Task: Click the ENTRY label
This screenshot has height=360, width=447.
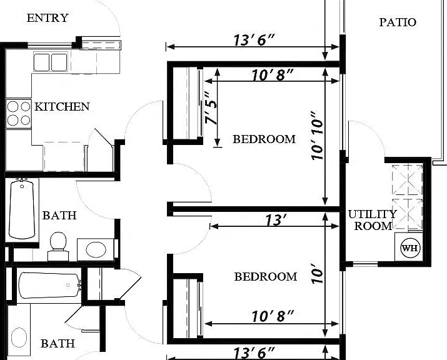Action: [x=48, y=18]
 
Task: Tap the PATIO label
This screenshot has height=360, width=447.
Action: [x=398, y=22]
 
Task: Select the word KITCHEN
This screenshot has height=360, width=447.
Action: [x=62, y=107]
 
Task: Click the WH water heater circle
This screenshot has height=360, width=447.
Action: [x=411, y=248]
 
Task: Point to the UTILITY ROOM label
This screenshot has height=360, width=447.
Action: [x=373, y=220]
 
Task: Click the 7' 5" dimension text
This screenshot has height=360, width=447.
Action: [x=211, y=108]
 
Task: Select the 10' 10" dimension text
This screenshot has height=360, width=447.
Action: [x=317, y=136]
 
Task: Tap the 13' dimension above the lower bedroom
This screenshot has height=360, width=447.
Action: [x=276, y=220]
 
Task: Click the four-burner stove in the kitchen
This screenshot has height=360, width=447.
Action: [x=19, y=114]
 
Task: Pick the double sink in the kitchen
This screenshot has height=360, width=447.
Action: [x=51, y=62]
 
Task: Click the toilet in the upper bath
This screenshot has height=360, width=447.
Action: [x=58, y=246]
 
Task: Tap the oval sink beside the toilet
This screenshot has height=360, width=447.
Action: [x=96, y=250]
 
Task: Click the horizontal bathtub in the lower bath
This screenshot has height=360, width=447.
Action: [x=49, y=286]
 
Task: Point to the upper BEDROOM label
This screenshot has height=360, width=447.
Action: [x=264, y=139]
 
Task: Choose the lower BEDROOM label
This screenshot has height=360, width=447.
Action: [x=266, y=277]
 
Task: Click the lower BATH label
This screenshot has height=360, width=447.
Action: [x=58, y=344]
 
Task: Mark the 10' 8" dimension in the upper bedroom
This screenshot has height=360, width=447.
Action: [x=272, y=76]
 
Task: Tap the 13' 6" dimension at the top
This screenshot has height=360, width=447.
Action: [x=254, y=40]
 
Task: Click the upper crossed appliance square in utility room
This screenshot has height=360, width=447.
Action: [x=408, y=180]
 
